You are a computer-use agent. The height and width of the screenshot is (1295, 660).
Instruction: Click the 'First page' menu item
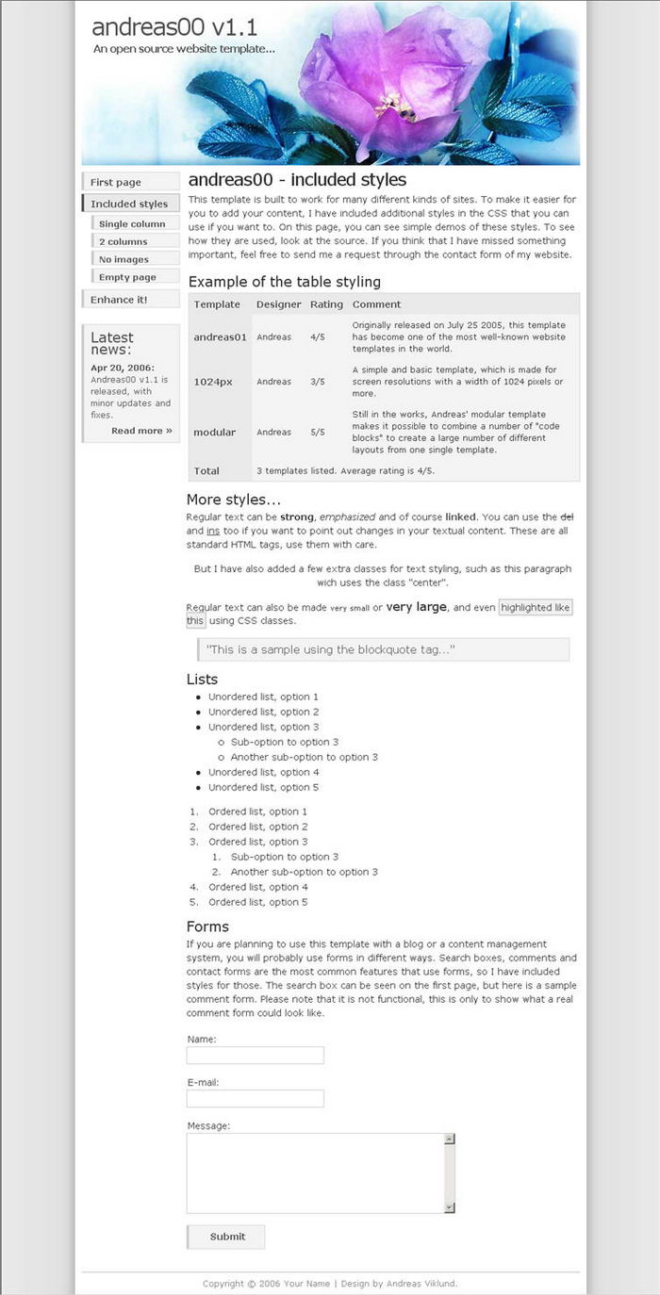(x=116, y=182)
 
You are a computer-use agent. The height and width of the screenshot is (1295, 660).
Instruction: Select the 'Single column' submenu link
(x=132, y=224)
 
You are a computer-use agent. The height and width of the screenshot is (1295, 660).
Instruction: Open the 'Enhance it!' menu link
(x=119, y=300)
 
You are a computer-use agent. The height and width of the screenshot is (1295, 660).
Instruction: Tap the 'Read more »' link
(x=141, y=431)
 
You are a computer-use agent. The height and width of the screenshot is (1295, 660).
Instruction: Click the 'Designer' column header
(x=279, y=304)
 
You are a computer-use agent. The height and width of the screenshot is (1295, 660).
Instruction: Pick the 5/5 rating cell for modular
(x=318, y=432)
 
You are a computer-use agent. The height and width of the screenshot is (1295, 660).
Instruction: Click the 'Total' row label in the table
(x=206, y=470)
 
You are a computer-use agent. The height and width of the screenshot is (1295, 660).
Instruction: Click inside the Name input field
(x=256, y=1055)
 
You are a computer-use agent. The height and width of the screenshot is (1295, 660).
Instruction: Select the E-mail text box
(x=256, y=1098)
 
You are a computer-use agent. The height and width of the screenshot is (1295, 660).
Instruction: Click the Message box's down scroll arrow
(x=450, y=1206)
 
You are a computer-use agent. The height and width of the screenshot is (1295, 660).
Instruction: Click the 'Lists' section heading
(x=203, y=679)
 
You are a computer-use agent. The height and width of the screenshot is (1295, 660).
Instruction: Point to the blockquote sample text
(x=330, y=649)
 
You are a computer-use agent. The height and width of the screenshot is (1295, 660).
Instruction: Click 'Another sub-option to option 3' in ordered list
(x=304, y=872)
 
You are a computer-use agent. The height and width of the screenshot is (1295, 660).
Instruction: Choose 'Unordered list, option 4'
(x=263, y=772)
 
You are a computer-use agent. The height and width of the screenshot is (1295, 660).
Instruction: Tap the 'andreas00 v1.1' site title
(x=174, y=26)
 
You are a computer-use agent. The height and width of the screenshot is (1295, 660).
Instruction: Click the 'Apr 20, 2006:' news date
(x=123, y=368)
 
